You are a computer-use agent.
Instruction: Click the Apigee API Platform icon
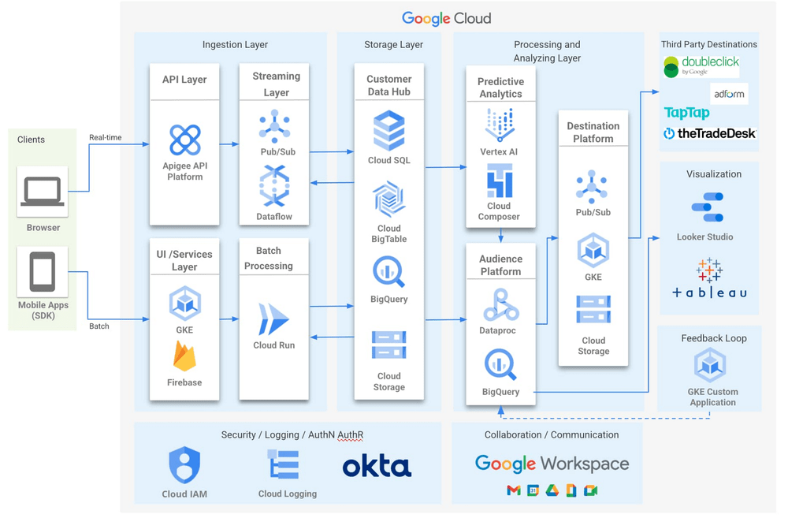(184, 140)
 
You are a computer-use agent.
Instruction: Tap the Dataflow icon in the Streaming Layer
(274, 186)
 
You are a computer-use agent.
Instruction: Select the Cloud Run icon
(273, 319)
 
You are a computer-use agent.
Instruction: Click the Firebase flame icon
(184, 357)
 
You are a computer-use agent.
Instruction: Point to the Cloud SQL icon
(388, 130)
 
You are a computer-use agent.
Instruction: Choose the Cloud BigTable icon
(388, 199)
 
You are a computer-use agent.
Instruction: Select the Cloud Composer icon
(500, 182)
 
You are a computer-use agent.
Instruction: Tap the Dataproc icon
(500, 305)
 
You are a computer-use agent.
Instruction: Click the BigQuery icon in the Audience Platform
(500, 366)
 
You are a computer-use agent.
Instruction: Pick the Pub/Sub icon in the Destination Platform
(592, 187)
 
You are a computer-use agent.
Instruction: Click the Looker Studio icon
(707, 207)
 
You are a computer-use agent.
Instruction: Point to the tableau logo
(709, 280)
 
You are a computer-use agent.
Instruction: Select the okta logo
(377, 466)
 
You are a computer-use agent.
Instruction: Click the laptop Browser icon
(43, 192)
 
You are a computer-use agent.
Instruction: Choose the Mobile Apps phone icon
(43, 271)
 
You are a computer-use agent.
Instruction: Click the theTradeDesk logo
(709, 134)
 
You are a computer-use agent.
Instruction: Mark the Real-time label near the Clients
(105, 137)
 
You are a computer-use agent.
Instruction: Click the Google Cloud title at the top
(446, 18)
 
